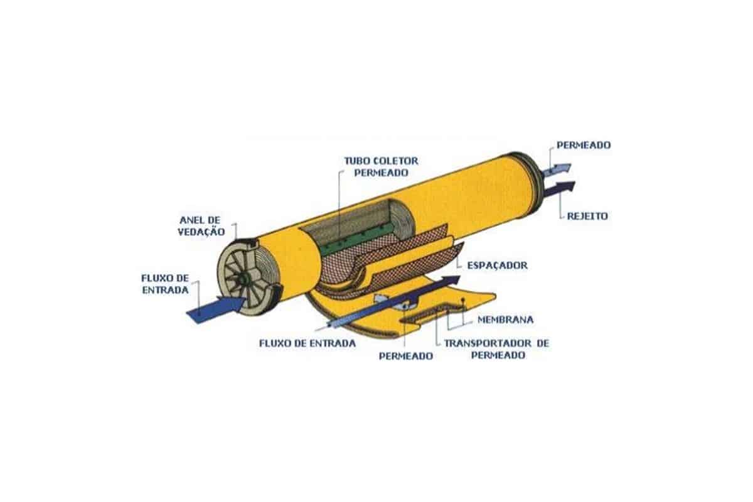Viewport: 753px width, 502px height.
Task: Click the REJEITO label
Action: click(587, 216)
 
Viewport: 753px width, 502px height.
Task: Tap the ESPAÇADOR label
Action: click(498, 265)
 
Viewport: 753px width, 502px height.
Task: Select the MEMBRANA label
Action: click(506, 319)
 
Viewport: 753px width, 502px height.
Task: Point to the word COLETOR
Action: click(397, 161)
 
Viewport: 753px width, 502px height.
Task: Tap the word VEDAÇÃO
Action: click(201, 232)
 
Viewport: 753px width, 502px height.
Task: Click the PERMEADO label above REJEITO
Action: click(584, 145)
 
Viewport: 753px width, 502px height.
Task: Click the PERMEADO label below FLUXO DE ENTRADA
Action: click(406, 356)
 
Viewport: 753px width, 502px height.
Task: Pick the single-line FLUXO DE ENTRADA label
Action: click(307, 343)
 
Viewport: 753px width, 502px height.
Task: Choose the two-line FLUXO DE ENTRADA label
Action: click(165, 284)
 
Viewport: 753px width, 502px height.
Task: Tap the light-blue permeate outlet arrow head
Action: click(565, 168)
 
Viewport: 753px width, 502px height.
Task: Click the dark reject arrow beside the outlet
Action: click(558, 189)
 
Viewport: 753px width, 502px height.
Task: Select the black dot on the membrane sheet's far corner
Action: click(463, 299)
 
